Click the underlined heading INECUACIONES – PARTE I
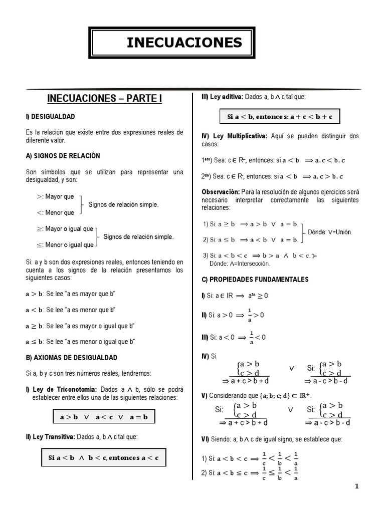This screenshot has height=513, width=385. point(104,98)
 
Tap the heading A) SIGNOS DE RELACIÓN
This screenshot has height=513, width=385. point(63,156)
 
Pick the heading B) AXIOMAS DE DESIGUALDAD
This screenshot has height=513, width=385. point(71,358)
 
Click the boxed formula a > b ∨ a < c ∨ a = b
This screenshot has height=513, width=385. point(104,417)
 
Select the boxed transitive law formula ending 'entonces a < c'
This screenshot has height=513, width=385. point(103,457)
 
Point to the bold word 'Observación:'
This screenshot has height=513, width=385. point(221,192)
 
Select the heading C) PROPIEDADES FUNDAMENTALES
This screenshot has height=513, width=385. point(255,279)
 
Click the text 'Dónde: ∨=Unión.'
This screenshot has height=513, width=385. point(330,232)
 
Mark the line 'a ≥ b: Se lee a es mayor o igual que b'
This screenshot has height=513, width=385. point(81,326)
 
